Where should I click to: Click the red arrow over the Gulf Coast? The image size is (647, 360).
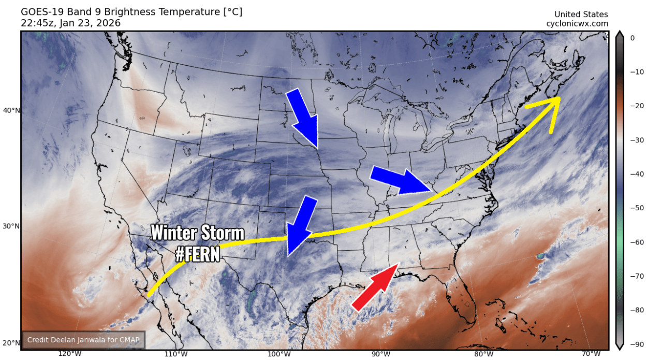pos(375,287)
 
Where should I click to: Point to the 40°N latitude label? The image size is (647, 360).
pos(11,110)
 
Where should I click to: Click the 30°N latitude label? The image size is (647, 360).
pos(11,226)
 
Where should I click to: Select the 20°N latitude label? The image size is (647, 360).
pos(11,343)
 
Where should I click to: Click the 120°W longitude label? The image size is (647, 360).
pos(69,354)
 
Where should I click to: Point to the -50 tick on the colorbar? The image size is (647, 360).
pos(633,208)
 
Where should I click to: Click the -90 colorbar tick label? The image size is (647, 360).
pos(633,344)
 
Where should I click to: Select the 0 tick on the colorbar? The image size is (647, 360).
pos(632,38)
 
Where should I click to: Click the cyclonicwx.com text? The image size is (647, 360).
pos(577,24)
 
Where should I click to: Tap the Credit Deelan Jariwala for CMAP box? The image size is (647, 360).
pos(83,340)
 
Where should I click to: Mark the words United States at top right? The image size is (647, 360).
pos(581,15)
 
